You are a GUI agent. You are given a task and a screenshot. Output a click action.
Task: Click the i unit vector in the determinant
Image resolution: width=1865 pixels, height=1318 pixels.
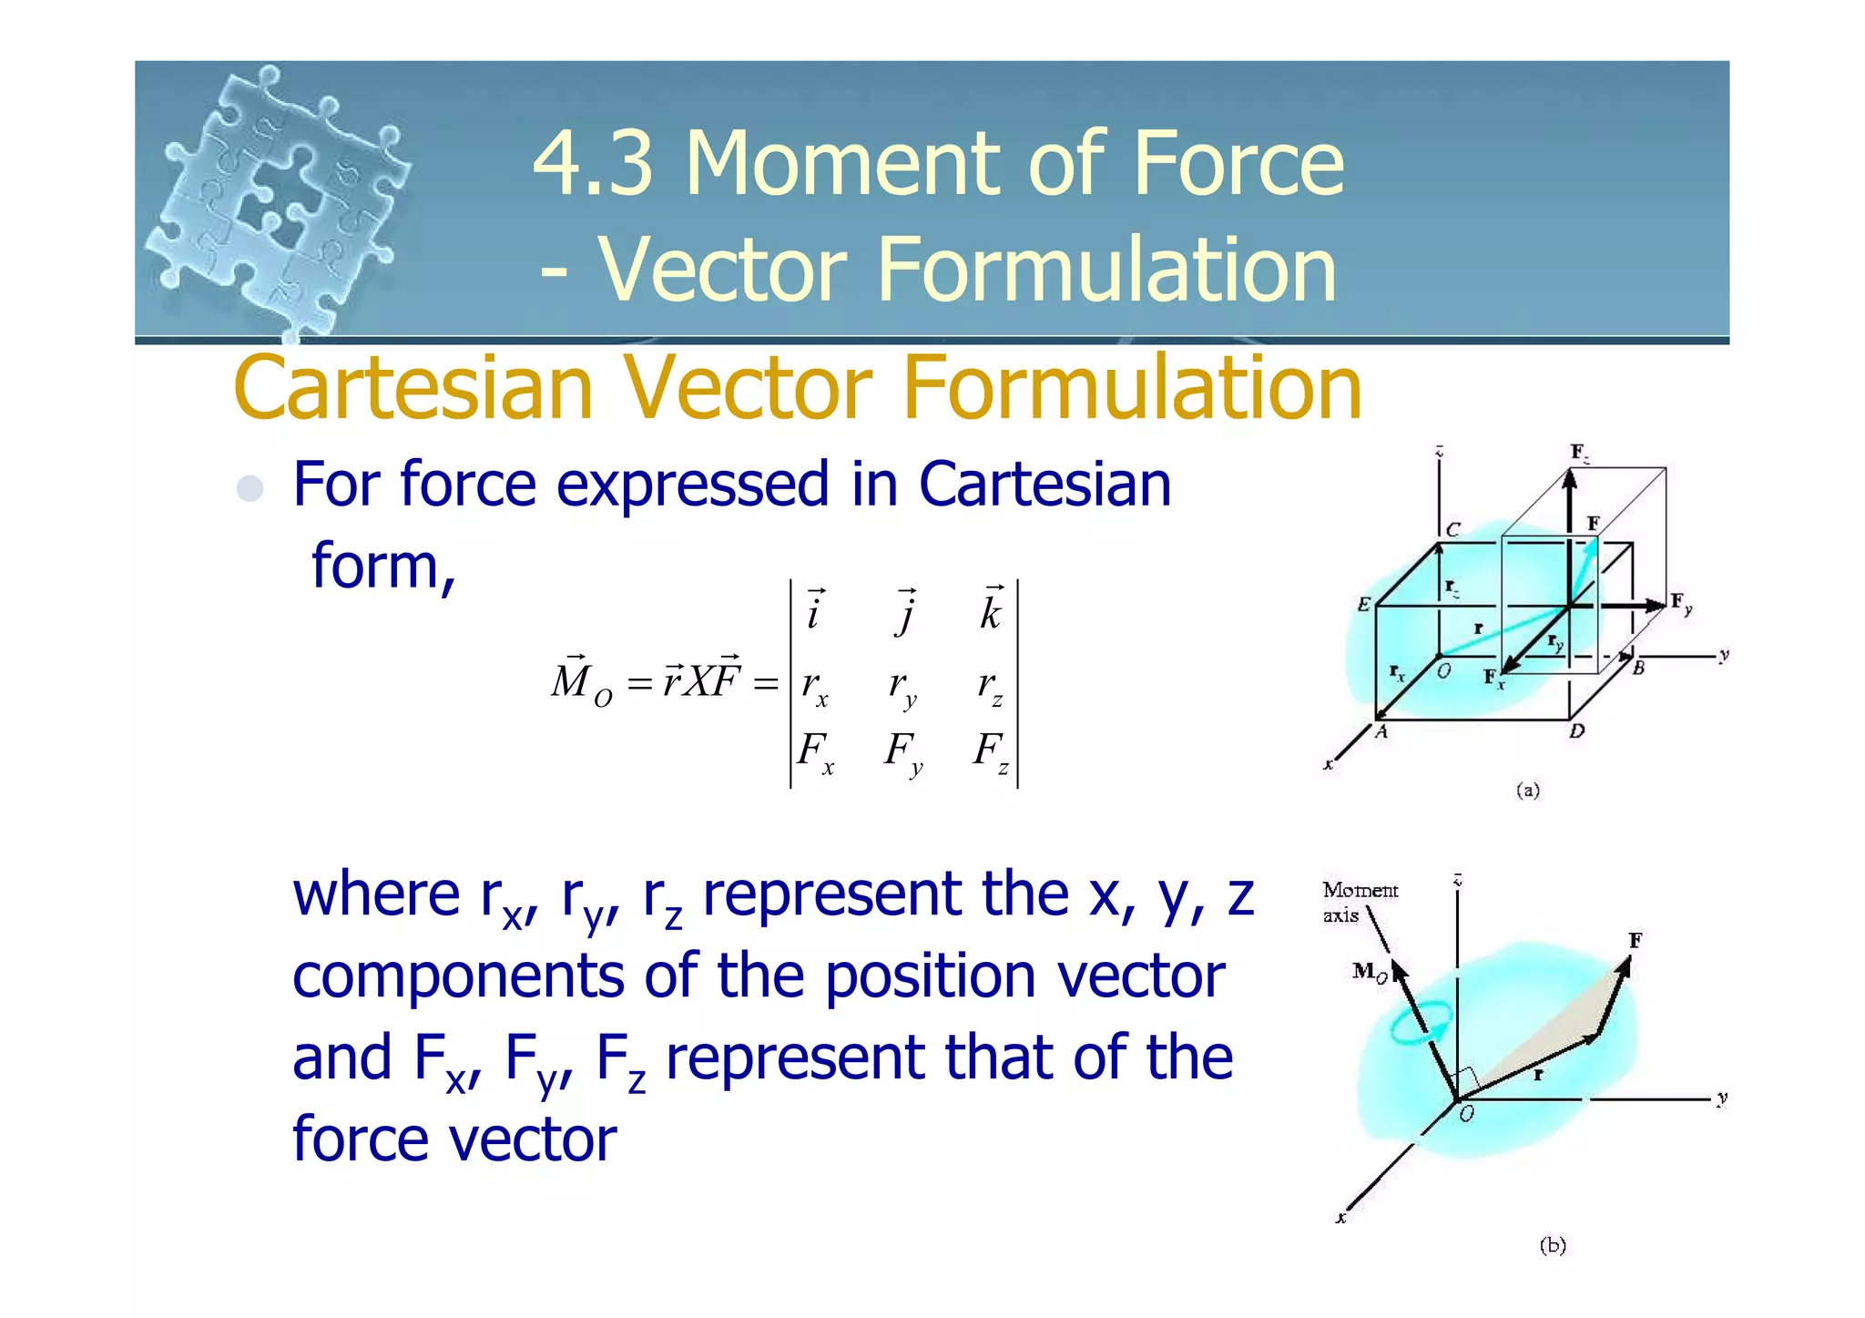point(814,611)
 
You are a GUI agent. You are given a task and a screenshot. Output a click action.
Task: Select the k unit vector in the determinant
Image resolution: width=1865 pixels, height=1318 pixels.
point(992,611)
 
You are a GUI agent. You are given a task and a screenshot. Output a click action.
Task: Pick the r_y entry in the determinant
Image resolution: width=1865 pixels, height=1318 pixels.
point(902,686)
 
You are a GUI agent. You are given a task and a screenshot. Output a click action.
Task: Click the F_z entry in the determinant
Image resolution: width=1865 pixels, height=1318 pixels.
point(991,752)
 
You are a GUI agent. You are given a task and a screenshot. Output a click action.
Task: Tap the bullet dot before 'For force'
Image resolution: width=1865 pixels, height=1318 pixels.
point(250,488)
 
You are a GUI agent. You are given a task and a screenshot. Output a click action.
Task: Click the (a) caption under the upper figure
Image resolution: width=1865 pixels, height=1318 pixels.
point(1528,790)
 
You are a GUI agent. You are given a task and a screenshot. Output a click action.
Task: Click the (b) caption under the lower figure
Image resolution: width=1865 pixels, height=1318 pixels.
point(1553,1245)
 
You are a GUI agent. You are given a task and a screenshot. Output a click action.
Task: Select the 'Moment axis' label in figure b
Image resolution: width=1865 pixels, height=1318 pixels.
point(1359,902)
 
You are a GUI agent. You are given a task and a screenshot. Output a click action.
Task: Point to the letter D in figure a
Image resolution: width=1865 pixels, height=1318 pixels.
point(1577,731)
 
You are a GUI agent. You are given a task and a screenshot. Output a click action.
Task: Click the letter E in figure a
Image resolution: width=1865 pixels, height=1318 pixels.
point(1363,605)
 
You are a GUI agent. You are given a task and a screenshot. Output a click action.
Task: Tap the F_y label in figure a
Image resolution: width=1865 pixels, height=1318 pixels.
point(1681,603)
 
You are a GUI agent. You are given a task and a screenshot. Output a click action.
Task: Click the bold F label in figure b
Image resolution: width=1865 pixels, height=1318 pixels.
point(1636,940)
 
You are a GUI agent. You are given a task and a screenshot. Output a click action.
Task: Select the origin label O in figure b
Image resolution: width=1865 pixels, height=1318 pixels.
point(1466,1114)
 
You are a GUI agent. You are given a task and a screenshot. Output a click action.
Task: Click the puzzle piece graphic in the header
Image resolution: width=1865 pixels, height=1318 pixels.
point(278,200)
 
